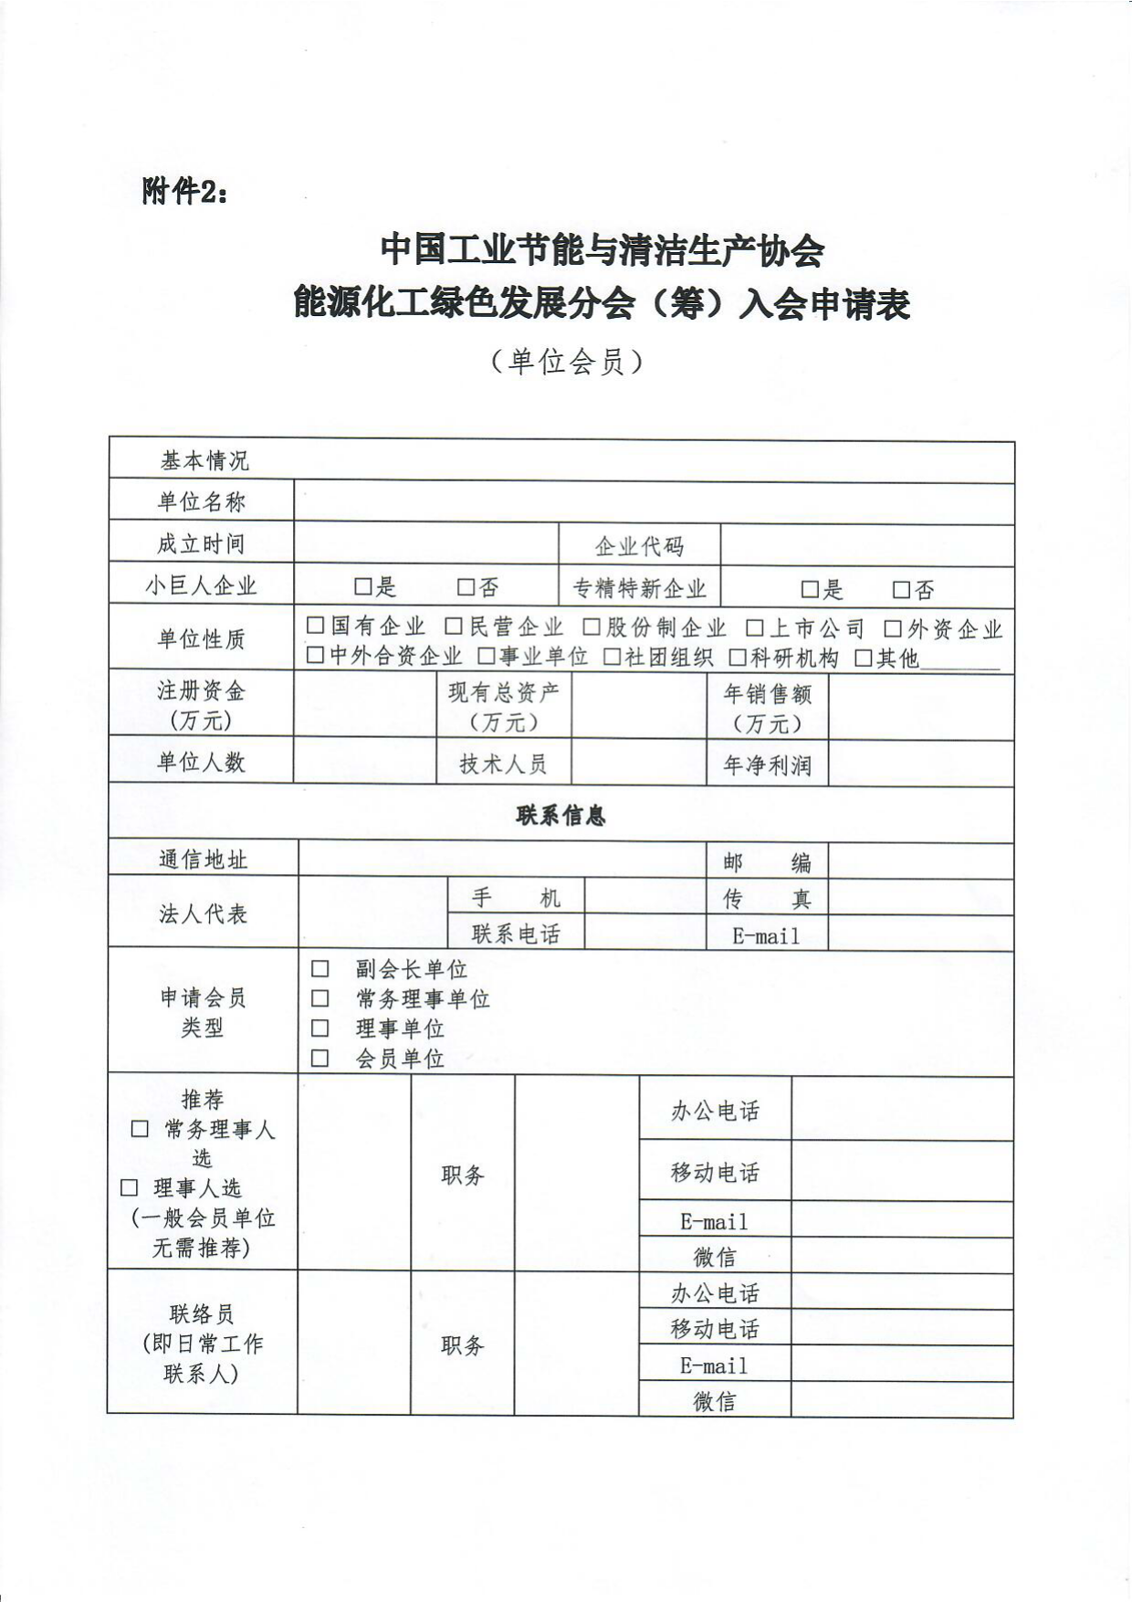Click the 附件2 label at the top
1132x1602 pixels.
[x=184, y=192]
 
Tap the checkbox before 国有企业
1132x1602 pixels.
[x=316, y=626]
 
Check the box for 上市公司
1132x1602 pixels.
[x=754, y=627]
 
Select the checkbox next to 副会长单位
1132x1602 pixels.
[x=320, y=968]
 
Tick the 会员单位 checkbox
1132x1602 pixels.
[x=320, y=1059]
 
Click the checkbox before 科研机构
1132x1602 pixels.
[x=738, y=658]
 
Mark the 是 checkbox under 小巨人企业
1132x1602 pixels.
[x=363, y=586]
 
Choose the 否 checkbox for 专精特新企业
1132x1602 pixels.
[x=902, y=590]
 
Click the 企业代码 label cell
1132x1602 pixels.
[x=639, y=546]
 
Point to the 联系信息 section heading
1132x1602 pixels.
[x=561, y=815]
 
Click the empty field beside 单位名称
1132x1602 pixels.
[x=654, y=502]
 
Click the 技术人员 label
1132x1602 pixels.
[x=503, y=764]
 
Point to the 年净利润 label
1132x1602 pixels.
[x=767, y=765]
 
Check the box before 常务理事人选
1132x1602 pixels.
[x=140, y=1129]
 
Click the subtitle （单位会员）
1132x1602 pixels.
[x=566, y=362]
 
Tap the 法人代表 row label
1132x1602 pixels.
[x=203, y=913]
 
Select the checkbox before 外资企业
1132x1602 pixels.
[x=893, y=628]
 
